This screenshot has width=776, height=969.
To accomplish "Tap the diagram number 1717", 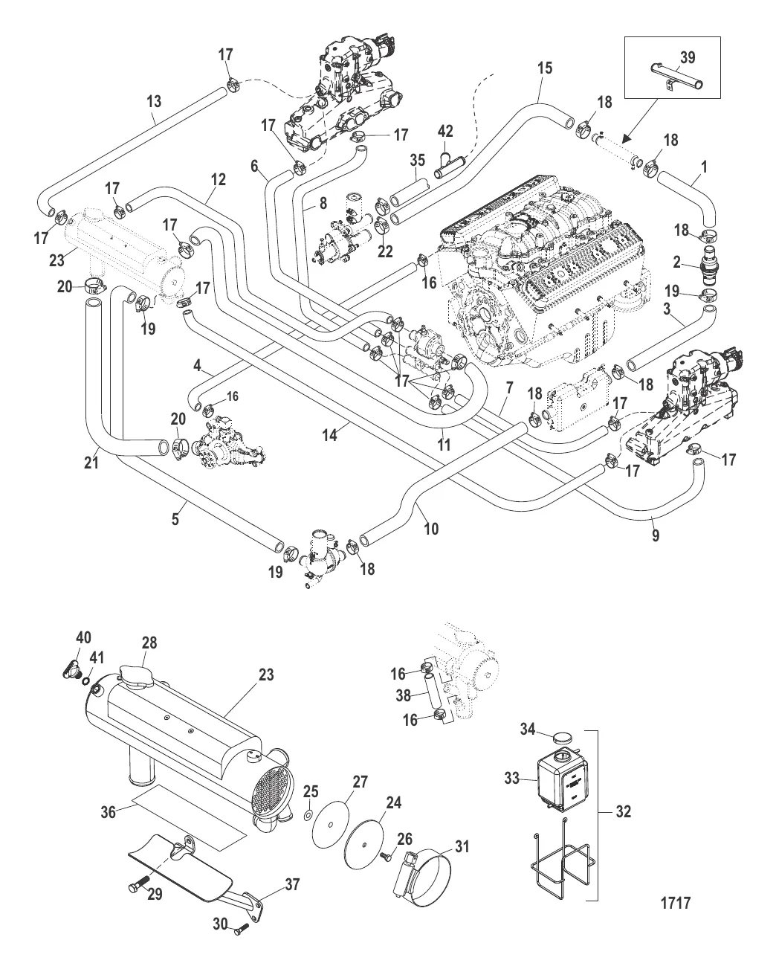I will click(676, 904).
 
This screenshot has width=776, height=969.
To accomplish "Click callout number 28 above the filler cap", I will click(149, 642).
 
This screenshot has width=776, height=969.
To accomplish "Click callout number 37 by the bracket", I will click(292, 884).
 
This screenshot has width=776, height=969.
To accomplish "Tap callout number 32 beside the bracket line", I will click(624, 812).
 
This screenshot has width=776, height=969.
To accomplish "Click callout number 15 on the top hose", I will click(545, 68).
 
